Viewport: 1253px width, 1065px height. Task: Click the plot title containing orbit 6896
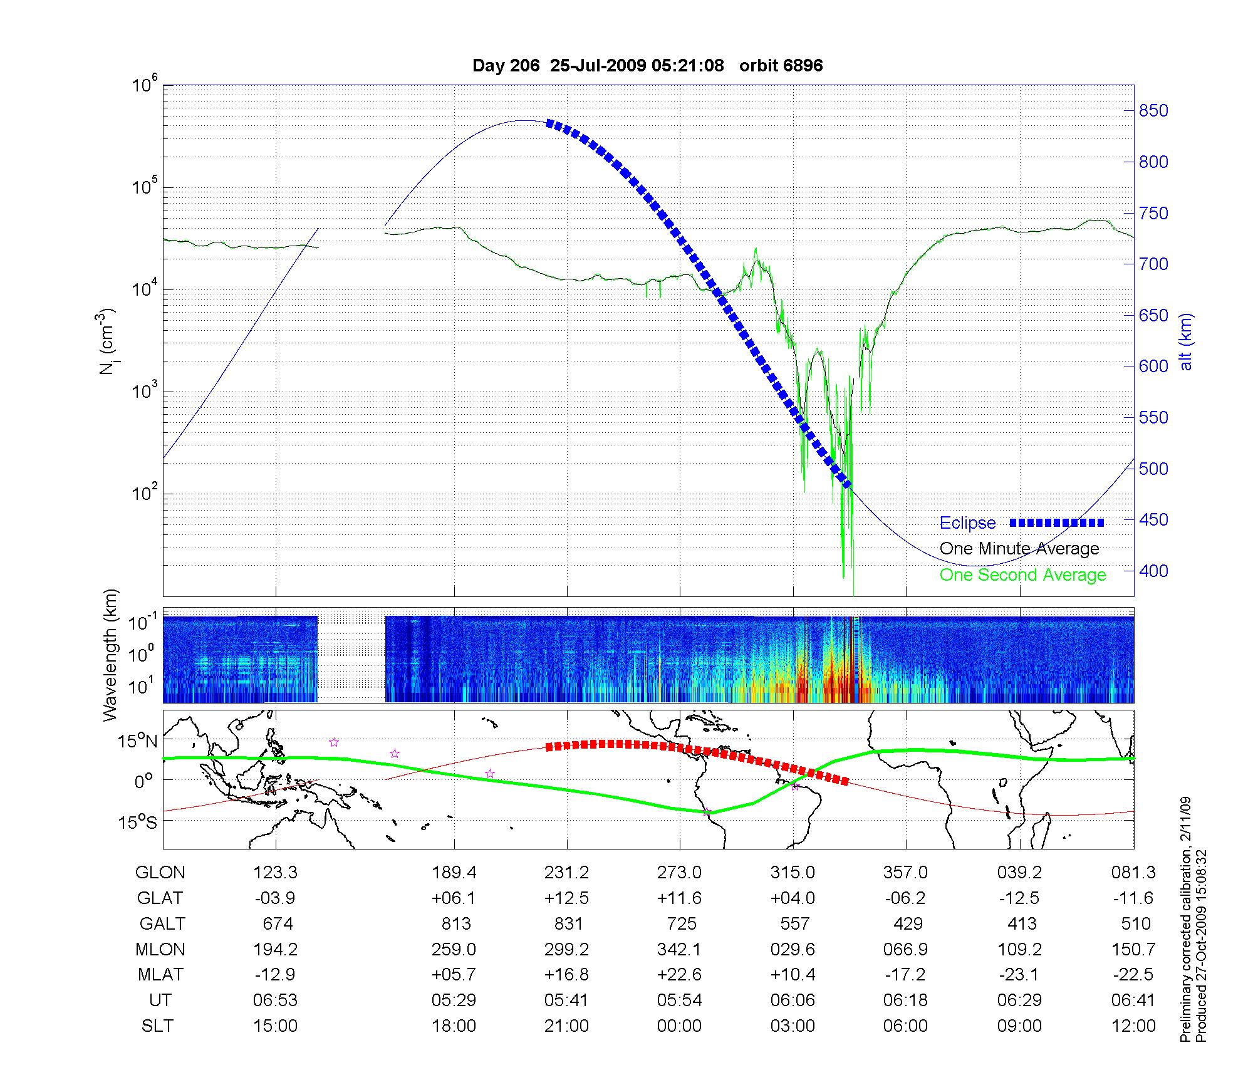(x=647, y=66)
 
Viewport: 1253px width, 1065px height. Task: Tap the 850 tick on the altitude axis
(x=1153, y=111)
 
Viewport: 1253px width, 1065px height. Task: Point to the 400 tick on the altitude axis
(x=1153, y=571)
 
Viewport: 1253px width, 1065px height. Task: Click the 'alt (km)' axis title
(x=1186, y=341)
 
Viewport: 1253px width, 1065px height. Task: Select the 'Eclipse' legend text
(x=967, y=523)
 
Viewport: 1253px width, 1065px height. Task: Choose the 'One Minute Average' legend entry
(x=1019, y=549)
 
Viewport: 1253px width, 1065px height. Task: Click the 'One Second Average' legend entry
(x=1022, y=575)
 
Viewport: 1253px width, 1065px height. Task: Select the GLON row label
(x=160, y=873)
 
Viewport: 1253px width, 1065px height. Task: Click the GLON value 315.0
(x=793, y=873)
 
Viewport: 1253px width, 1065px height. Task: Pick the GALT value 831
(x=568, y=924)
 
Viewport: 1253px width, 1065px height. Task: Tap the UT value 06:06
(x=793, y=1000)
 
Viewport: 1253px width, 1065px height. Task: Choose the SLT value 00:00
(x=680, y=1026)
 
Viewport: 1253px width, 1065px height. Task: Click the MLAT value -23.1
(x=1019, y=975)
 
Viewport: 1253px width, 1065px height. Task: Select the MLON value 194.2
(x=275, y=950)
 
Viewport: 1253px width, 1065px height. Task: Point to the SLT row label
(x=158, y=1026)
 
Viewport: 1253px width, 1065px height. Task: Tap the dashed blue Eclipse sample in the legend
(x=1057, y=522)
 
